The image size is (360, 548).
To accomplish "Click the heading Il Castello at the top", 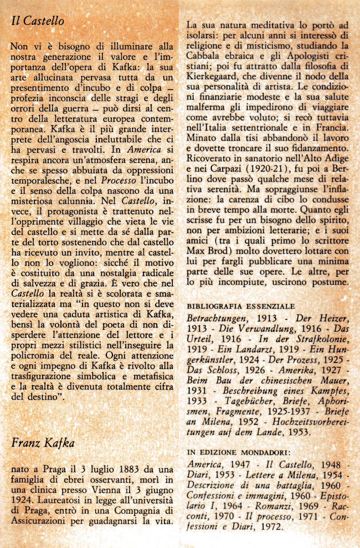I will (x=38, y=22).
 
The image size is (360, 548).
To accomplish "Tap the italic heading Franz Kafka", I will (x=43, y=443).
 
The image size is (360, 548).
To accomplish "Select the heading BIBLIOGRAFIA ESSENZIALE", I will (x=240, y=306).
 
